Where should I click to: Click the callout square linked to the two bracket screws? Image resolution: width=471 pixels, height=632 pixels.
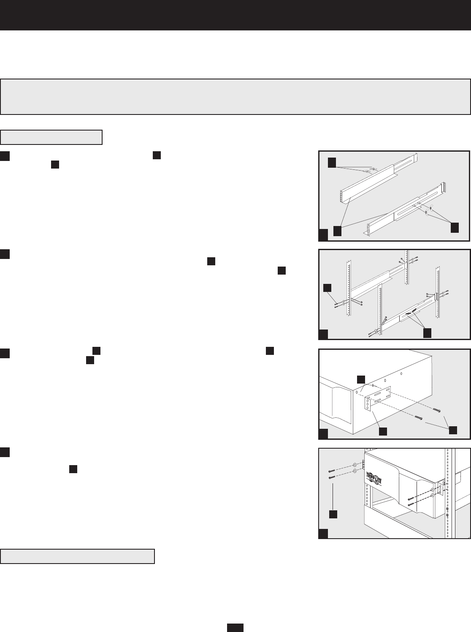(453, 430)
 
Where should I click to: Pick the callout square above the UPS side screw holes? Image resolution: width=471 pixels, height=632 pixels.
(361, 379)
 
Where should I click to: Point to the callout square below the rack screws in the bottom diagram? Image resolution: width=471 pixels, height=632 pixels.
(333, 514)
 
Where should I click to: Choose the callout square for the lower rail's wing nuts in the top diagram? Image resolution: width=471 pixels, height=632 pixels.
(454, 227)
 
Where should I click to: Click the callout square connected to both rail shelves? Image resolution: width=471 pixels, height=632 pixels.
(337, 231)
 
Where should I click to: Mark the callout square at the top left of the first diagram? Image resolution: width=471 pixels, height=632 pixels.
(333, 162)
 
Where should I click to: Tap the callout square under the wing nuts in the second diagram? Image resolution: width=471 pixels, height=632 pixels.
(427, 332)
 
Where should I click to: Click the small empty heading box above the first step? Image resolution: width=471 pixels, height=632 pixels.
(51, 137)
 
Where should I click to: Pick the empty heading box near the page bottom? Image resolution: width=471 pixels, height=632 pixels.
(78, 556)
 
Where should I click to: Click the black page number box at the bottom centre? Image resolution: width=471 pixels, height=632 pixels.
(235, 627)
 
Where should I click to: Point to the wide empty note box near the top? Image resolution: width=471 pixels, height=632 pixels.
(235, 96)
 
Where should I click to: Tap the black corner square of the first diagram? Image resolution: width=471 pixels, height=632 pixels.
(323, 235)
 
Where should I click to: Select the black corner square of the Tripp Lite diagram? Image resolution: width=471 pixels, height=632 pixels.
(323, 533)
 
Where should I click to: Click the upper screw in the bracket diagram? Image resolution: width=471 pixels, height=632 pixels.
(436, 410)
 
